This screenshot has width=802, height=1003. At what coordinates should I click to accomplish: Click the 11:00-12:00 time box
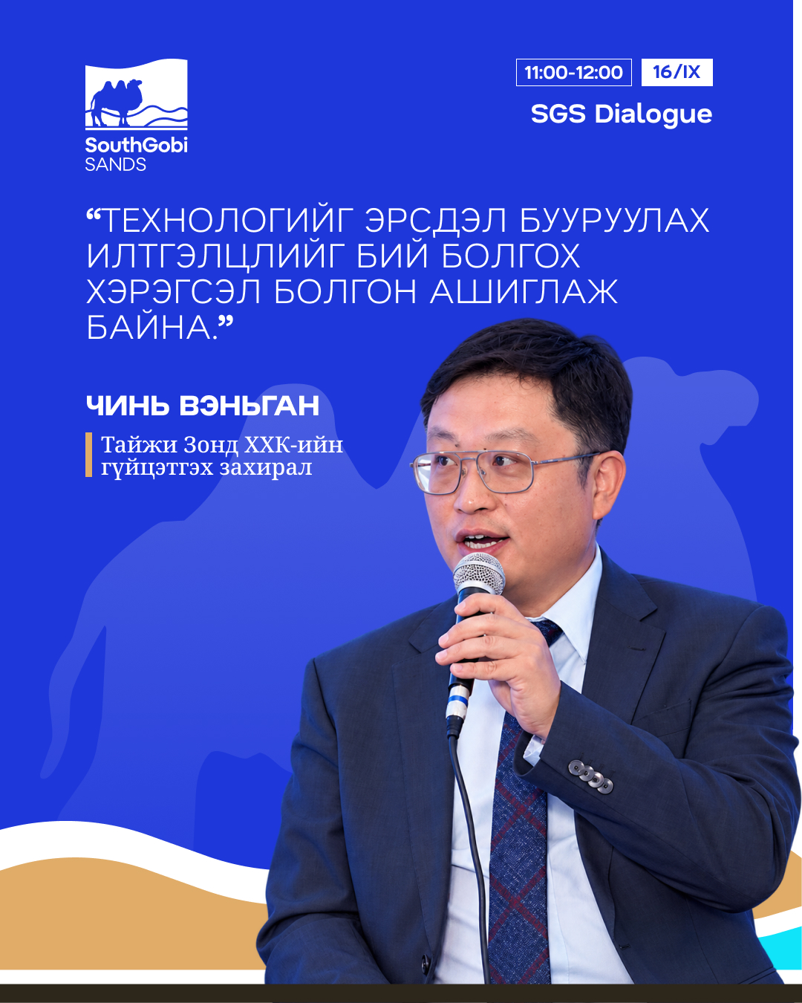[574, 72]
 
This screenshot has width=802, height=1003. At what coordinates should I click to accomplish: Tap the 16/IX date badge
[677, 72]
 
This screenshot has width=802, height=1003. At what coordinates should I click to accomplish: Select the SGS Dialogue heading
[622, 114]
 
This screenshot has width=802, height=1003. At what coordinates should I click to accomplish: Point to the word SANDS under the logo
[116, 164]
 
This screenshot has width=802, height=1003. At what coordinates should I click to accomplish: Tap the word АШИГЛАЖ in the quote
[524, 291]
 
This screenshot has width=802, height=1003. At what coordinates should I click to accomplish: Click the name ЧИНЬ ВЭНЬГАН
[203, 405]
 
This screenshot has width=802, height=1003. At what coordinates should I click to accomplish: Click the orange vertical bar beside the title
[88, 455]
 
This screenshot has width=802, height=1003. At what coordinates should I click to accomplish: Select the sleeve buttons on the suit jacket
[590, 776]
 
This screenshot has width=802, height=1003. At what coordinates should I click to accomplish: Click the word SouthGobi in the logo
[136, 145]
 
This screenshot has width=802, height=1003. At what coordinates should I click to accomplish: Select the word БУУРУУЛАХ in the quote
[614, 221]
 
